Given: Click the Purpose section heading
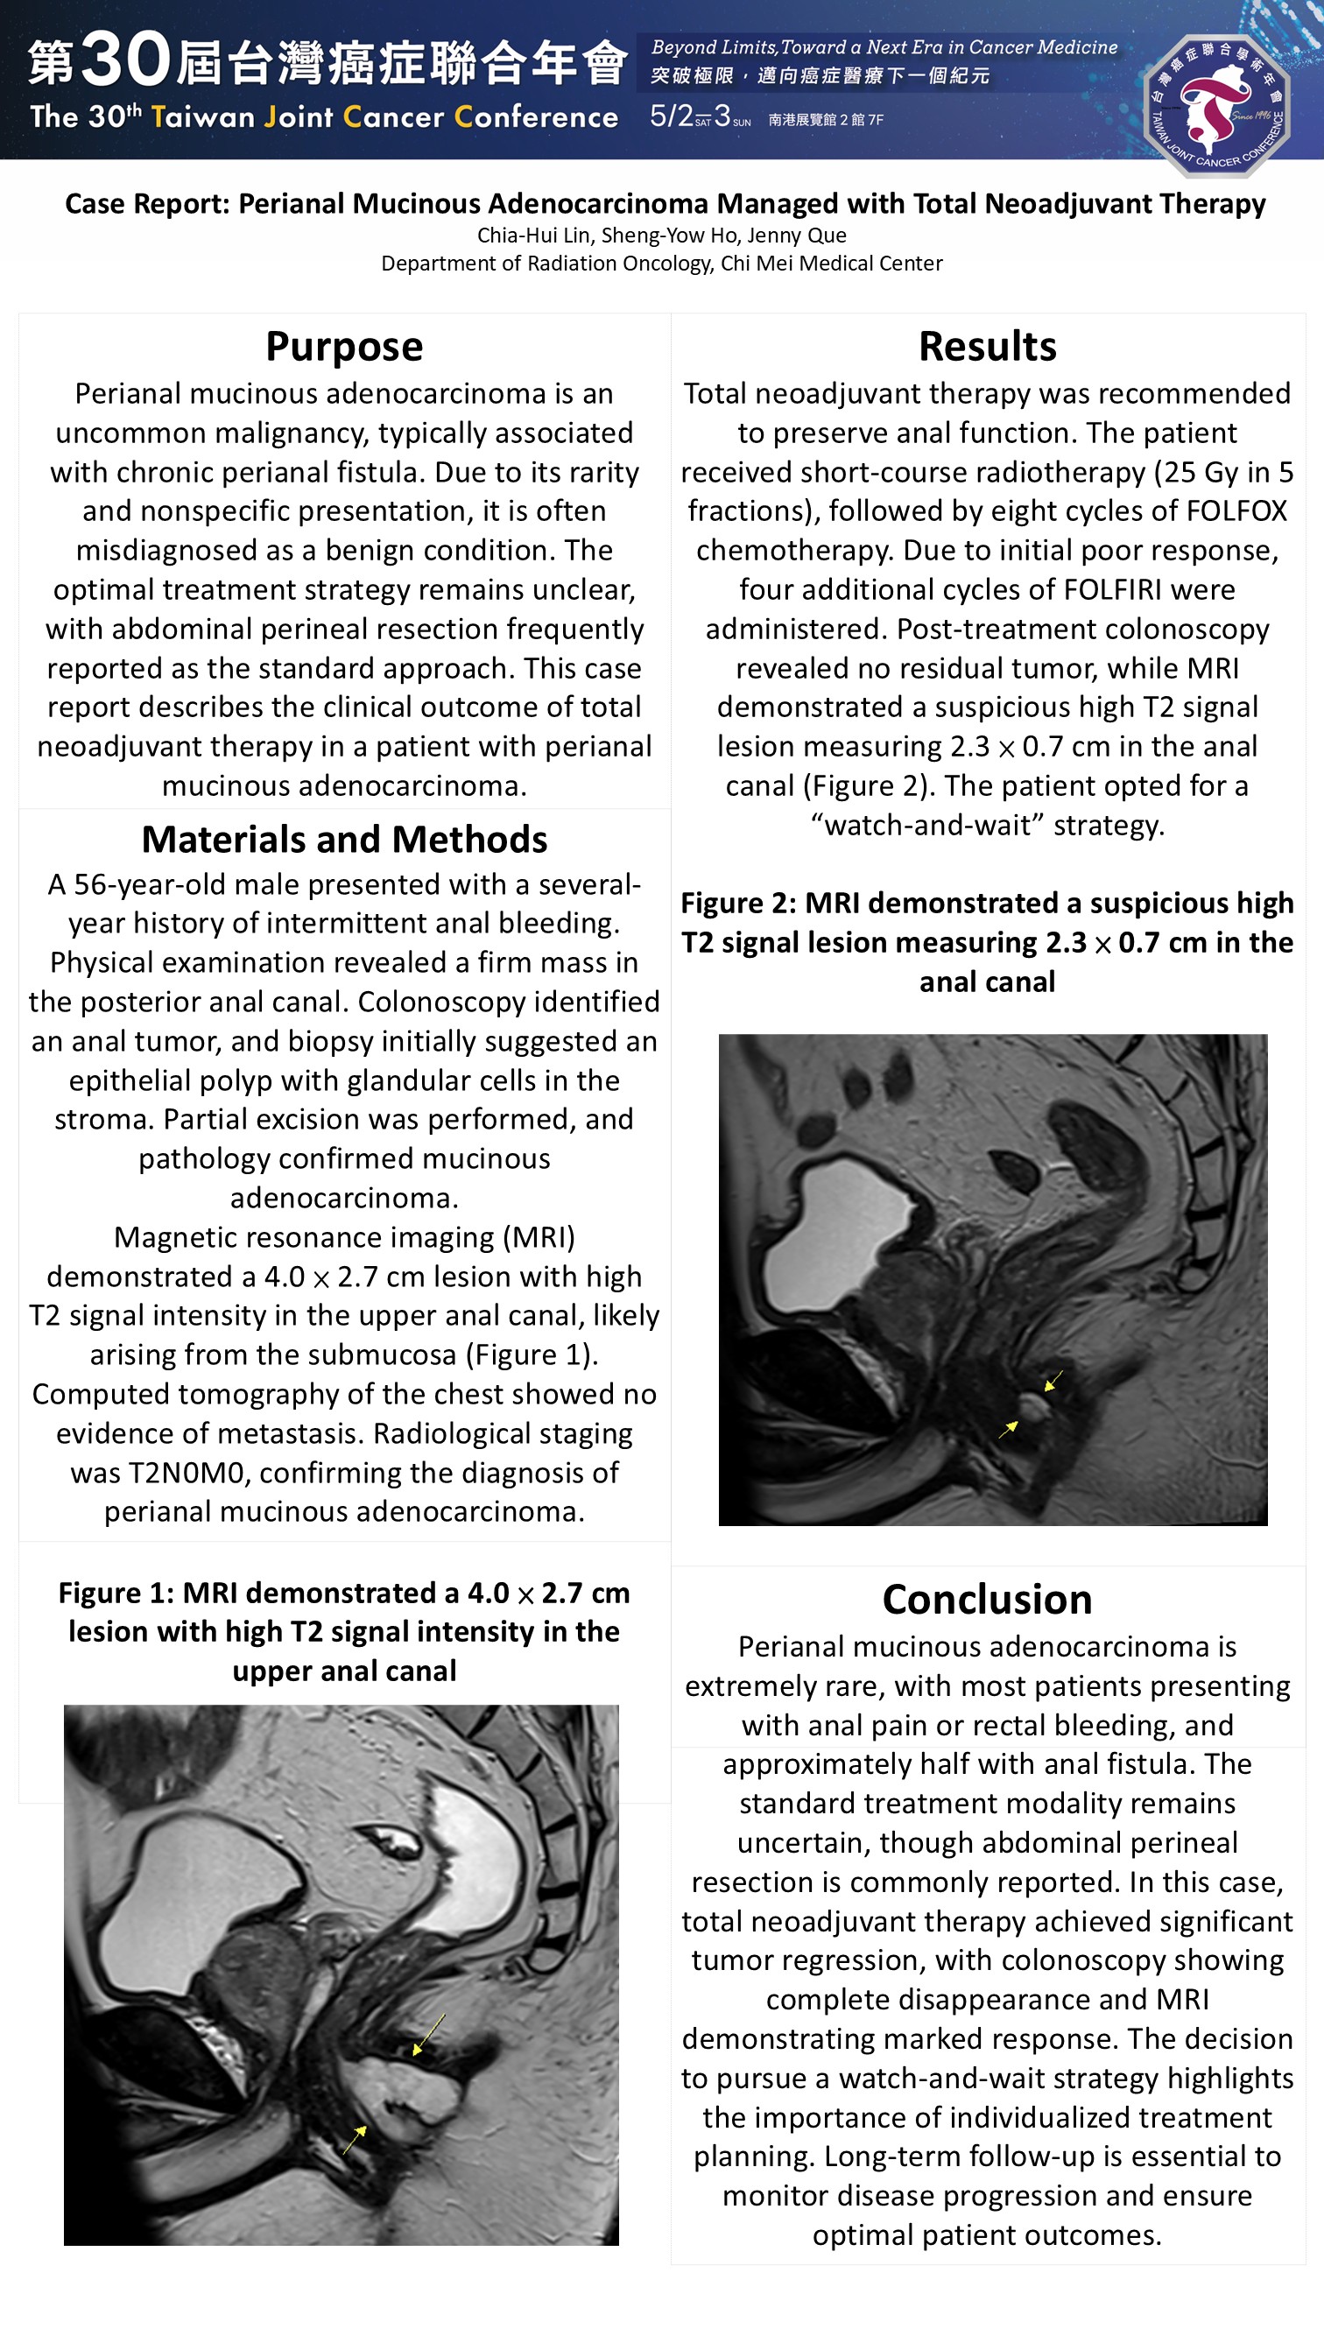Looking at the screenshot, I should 344,347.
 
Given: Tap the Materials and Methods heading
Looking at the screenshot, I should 344,840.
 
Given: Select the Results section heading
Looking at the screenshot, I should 987,347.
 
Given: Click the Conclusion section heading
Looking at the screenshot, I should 987,1599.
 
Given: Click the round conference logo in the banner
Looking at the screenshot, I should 1216,105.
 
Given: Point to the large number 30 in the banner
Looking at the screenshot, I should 126,60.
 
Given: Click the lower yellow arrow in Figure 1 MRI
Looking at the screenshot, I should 355,2138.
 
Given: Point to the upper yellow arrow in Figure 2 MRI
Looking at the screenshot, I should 1053,1380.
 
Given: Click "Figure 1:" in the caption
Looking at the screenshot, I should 116,1593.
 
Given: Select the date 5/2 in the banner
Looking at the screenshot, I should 671,116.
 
